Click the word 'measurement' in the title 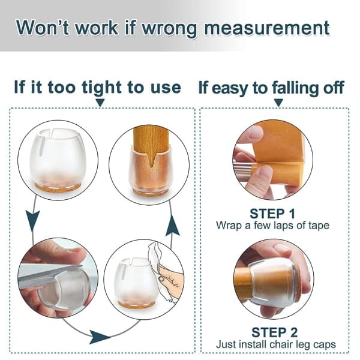[x=267, y=28]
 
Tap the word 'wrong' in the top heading [x=169, y=29]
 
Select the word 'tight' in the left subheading [x=102, y=88]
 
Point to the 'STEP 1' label [x=272, y=214]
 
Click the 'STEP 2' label [x=274, y=332]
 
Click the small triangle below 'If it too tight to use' [x=100, y=102]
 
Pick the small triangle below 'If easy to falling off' [x=278, y=102]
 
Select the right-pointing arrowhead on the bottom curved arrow [x=99, y=337]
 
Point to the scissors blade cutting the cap [x=49, y=275]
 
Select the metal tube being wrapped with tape [x=243, y=170]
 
